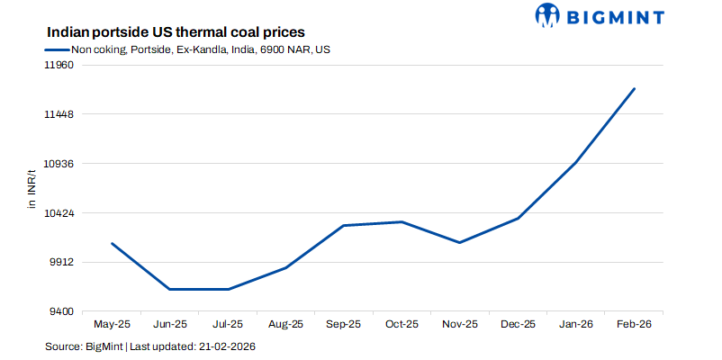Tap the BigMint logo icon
coord(547,15)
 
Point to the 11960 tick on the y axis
coord(59,66)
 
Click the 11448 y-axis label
coord(59,115)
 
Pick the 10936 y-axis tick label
coord(59,164)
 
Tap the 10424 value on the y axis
coord(59,213)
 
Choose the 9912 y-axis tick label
coord(62,263)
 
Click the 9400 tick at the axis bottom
coord(62,311)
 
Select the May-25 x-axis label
coord(113,324)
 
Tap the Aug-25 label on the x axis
coord(285,324)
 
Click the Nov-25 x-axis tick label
coord(459,324)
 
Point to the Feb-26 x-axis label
coord(633,324)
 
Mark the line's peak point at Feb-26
coord(635,88)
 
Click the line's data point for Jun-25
coord(170,289)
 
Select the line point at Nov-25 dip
coord(459,242)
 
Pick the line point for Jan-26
coord(575,162)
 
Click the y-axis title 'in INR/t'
coord(31,189)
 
